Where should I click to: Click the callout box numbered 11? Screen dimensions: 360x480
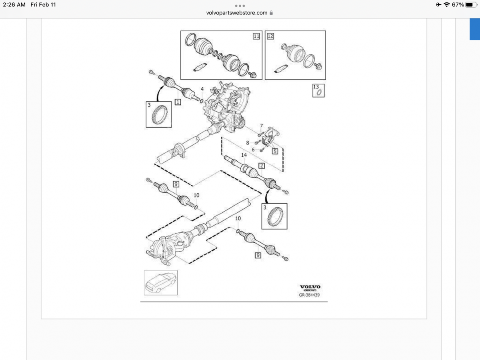click(x=256, y=36)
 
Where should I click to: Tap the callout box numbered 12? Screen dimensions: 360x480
click(x=270, y=36)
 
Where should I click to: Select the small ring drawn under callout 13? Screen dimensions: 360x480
click(x=319, y=93)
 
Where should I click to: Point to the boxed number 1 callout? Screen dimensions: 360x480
click(x=178, y=102)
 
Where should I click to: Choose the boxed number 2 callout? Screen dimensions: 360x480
click(x=262, y=166)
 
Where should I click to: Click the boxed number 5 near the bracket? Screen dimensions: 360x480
click(x=275, y=151)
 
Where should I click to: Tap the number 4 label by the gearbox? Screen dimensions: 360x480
click(x=202, y=89)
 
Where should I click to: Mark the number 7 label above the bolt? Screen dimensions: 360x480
click(x=262, y=126)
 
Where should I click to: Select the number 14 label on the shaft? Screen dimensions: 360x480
click(x=244, y=155)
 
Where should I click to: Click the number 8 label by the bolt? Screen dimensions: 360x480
click(x=248, y=142)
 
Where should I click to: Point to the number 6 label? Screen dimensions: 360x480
click(x=253, y=149)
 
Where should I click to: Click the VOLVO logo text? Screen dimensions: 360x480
click(x=310, y=287)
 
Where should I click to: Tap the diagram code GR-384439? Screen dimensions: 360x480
click(x=310, y=295)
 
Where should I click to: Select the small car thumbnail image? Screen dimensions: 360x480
click(x=161, y=282)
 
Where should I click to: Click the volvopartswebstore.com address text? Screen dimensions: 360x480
click(x=237, y=13)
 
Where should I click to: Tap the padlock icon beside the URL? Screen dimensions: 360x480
click(x=271, y=13)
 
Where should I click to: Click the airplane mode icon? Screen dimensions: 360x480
click(x=439, y=5)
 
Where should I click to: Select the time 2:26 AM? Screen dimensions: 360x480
click(x=14, y=5)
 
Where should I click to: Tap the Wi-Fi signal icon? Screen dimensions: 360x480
click(x=447, y=5)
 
